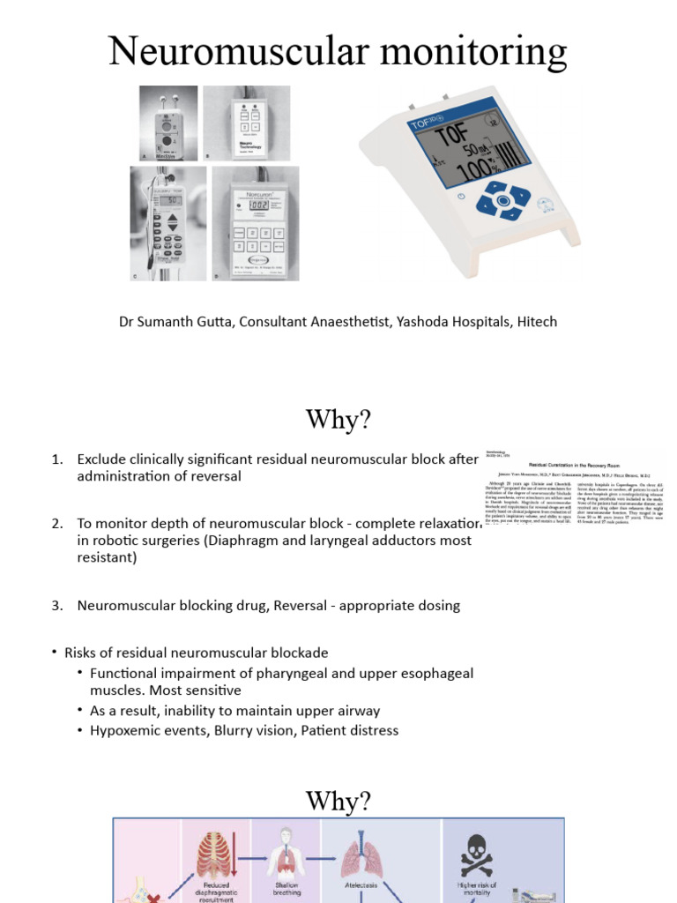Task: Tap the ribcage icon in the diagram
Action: click(217, 854)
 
